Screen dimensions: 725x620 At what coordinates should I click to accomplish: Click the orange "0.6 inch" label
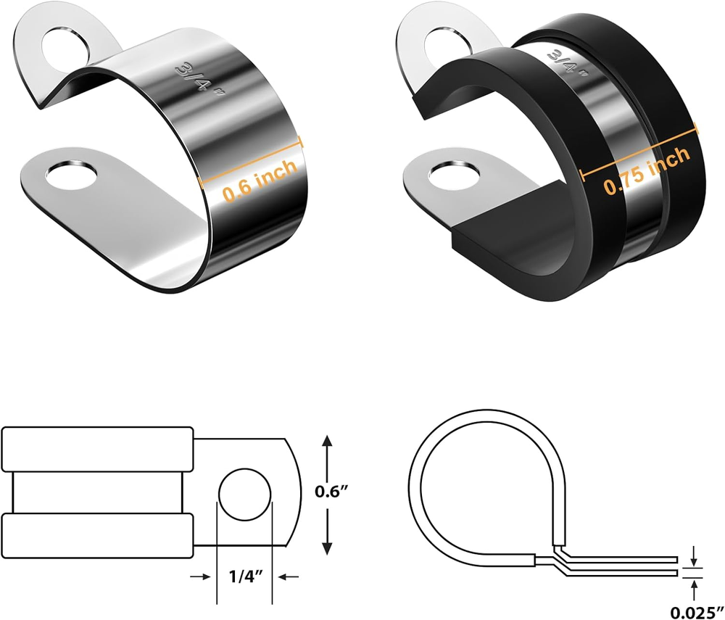pos(260,180)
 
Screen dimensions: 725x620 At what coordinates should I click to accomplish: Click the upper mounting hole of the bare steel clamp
pos(67,46)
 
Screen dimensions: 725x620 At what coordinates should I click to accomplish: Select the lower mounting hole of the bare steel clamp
pos(72,175)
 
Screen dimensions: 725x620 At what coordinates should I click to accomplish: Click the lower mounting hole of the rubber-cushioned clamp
pos(454,174)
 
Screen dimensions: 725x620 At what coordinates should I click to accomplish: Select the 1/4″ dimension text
pos(246,576)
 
